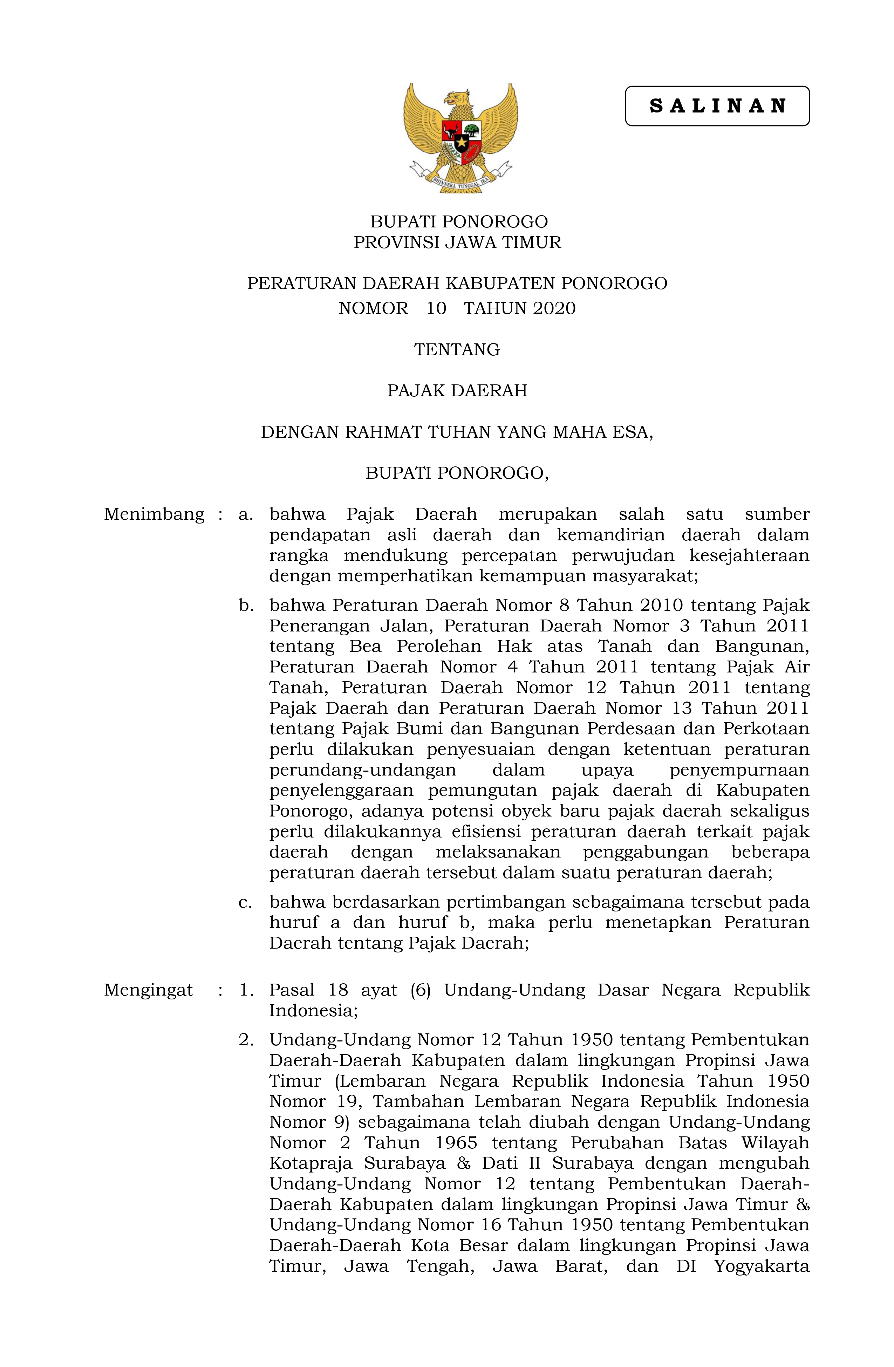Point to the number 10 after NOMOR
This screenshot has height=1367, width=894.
436,308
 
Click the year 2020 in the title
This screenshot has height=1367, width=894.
554,308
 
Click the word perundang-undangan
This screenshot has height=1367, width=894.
362,770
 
